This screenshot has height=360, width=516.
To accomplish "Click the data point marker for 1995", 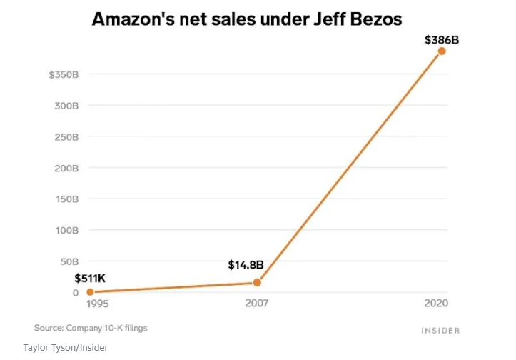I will [90, 292].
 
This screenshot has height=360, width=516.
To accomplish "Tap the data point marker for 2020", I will [442, 51].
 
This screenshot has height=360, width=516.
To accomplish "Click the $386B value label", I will [441, 39].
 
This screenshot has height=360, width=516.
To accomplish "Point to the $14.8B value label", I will [246, 265].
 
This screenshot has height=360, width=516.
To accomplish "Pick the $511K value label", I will [90, 279].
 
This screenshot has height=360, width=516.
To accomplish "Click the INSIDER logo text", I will [440, 331].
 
